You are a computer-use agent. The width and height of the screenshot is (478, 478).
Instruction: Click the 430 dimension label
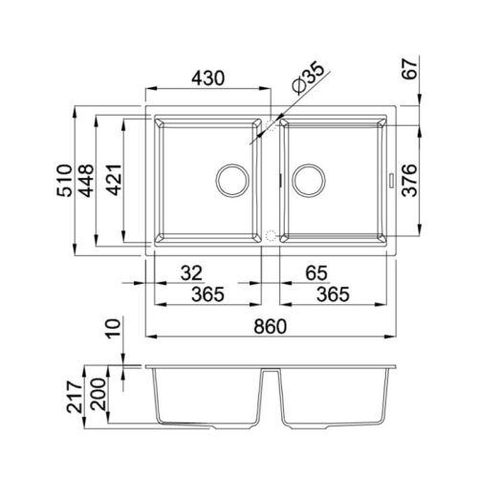(208, 78)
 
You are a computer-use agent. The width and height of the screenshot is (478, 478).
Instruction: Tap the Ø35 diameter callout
(308, 77)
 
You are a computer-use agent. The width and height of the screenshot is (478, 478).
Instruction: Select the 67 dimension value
(409, 69)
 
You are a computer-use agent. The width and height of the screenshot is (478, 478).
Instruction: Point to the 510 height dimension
(64, 180)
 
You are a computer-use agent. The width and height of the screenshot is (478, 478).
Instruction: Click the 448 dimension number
(86, 181)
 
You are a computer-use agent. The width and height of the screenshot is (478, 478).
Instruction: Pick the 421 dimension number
(114, 180)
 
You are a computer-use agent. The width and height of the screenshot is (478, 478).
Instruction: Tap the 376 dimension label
(409, 180)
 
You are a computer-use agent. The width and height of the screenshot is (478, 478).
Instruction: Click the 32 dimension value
(191, 273)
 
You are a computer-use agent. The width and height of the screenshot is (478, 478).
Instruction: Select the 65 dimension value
(316, 273)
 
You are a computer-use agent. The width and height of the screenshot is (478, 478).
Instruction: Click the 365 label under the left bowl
(207, 294)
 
